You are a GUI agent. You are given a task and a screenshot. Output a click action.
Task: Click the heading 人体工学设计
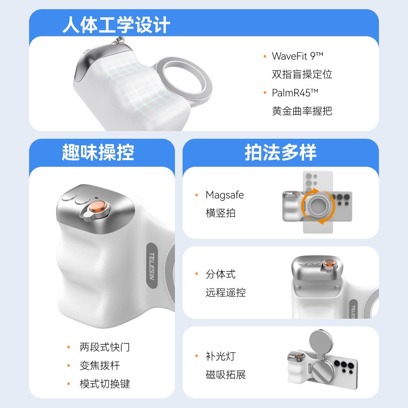(x=116, y=24)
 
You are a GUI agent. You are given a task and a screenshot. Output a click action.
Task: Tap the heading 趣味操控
(x=98, y=152)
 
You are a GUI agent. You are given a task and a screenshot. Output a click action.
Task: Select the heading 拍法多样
(x=280, y=152)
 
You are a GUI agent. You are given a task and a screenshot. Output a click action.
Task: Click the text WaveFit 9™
(x=298, y=56)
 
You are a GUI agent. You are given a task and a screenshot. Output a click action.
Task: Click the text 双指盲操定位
(x=302, y=74)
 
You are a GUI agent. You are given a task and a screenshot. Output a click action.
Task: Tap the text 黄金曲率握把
(x=302, y=111)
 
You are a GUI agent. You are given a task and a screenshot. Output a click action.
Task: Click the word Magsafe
(x=224, y=195)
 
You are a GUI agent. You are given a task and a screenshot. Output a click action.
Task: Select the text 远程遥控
(x=225, y=293)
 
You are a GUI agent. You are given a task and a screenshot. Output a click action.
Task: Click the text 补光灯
(x=220, y=356)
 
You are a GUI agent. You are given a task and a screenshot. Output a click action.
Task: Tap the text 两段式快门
(x=105, y=347)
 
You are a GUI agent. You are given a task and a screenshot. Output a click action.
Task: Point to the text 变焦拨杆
(x=99, y=366)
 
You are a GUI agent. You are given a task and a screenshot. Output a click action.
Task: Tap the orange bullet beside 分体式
(x=196, y=274)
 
